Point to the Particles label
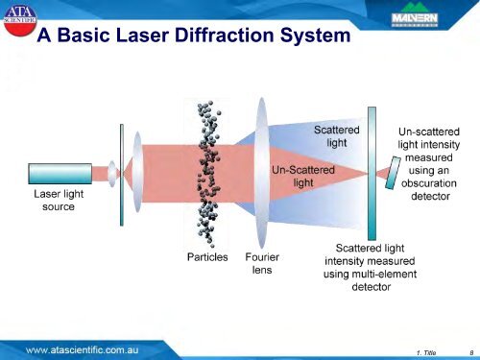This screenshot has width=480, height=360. pos(206,257)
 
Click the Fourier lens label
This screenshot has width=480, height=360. pos(262,263)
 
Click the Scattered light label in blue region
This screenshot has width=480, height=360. pos(337,134)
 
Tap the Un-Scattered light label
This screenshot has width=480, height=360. pos(303,176)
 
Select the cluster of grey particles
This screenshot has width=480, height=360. pos(208,173)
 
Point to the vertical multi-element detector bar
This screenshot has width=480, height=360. pos(371,173)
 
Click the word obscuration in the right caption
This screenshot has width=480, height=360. pos(428,183)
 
